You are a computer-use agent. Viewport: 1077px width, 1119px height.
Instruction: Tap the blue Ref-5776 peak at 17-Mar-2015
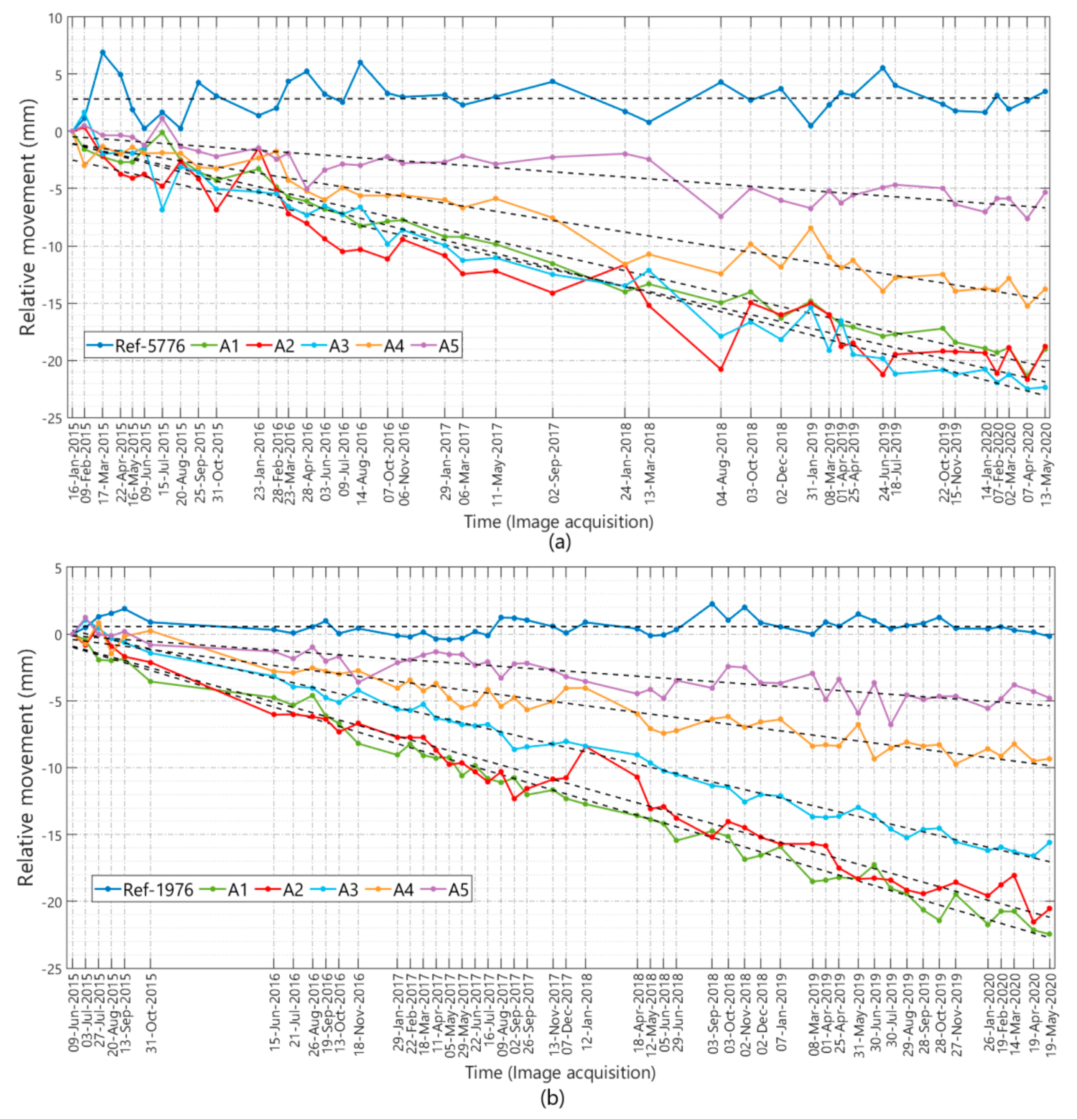pos(103,52)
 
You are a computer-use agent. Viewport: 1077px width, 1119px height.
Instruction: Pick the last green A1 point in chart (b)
pos(1049,934)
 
